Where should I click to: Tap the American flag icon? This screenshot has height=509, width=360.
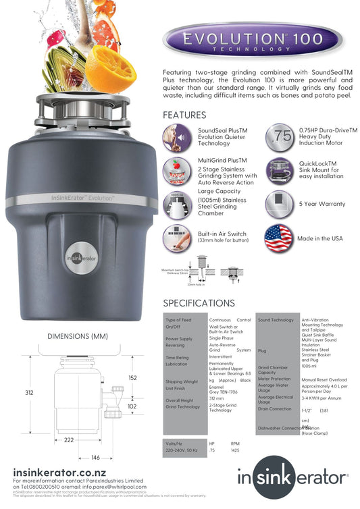pos(278,238)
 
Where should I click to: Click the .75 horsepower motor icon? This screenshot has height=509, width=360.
pos(279,137)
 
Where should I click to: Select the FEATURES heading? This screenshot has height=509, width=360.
pos(184,115)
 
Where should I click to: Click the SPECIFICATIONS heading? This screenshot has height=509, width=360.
pos(199,303)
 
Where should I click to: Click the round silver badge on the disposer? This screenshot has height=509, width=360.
pos(81,257)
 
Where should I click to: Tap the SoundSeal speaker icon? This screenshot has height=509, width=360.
pos(177,137)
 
